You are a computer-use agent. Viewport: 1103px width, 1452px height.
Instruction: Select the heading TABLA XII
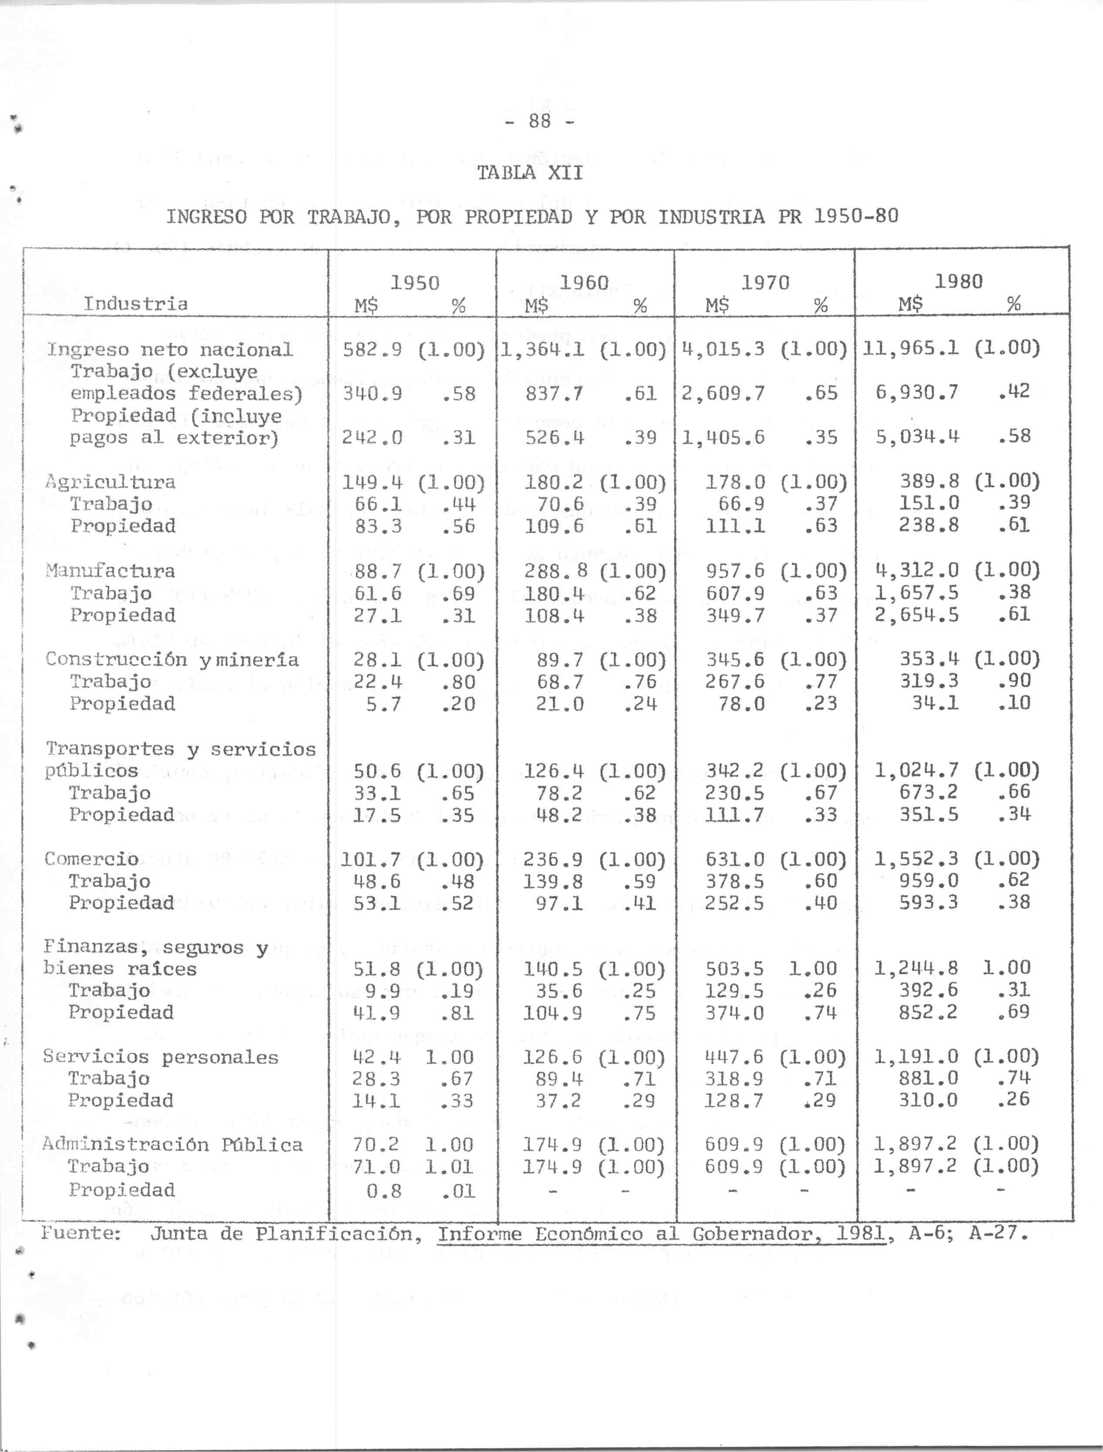pos(529,173)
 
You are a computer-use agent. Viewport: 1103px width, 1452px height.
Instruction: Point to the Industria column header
pos(135,304)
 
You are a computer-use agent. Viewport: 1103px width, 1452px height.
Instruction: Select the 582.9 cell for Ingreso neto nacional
pos(372,349)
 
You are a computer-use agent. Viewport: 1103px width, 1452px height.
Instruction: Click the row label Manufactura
pos(110,571)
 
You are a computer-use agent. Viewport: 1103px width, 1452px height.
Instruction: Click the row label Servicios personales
pos(161,1057)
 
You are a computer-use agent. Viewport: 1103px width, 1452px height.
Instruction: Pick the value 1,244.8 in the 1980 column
pos(916,967)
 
